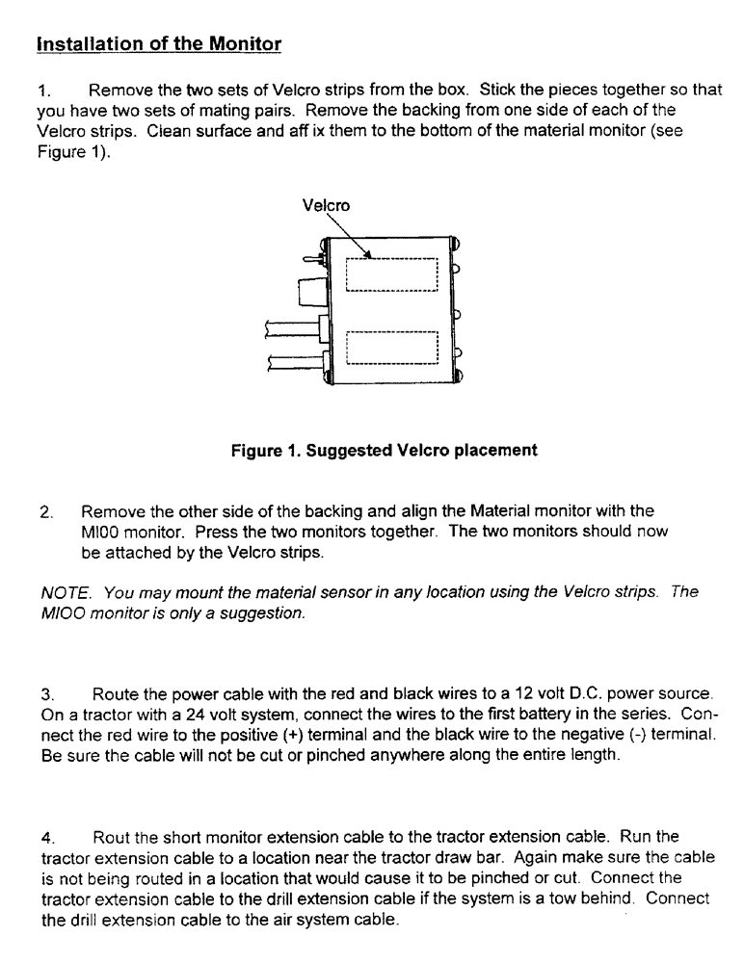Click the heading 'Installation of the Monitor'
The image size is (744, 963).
coord(158,44)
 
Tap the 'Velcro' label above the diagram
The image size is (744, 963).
coord(326,205)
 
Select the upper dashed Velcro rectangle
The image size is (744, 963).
coord(391,274)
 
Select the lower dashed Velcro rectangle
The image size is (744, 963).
coord(391,348)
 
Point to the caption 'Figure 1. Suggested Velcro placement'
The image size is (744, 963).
coord(384,450)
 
